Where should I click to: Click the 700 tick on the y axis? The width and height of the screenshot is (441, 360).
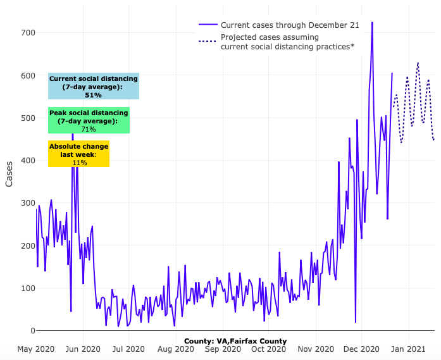point(27,33)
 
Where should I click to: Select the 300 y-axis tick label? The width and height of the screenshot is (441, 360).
point(27,203)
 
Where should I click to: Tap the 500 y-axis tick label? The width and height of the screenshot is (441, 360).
point(27,118)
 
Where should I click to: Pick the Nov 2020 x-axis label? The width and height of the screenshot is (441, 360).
point(316,349)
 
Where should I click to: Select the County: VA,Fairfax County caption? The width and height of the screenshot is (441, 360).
point(235,341)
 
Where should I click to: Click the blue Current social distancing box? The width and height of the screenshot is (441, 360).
point(94,86)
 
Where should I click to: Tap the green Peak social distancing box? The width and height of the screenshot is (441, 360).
point(89,120)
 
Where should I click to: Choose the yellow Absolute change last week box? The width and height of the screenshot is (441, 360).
point(79,154)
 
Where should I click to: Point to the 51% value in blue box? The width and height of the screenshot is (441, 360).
point(93,95)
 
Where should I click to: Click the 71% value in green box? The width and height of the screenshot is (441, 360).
point(89,129)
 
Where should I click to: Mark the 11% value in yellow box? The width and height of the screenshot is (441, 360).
point(79,163)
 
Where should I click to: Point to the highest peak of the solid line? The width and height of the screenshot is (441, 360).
point(372,23)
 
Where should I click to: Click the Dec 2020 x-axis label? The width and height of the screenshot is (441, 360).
point(362,349)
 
